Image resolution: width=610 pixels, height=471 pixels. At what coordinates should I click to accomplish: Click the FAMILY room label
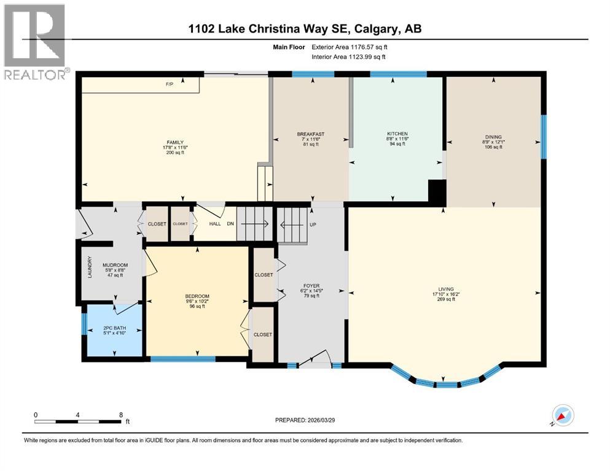coord(175,142)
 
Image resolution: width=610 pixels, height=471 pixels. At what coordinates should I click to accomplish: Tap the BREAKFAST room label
coord(310,134)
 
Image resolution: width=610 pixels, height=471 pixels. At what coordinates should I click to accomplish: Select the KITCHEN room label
coord(397,134)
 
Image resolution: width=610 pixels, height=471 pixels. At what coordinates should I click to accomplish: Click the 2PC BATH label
coord(114,329)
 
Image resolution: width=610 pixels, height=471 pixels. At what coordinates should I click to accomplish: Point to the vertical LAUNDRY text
coord(90,267)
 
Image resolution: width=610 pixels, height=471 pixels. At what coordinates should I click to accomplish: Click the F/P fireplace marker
coord(169,84)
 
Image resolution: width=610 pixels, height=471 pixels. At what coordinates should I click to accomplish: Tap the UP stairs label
coord(313,224)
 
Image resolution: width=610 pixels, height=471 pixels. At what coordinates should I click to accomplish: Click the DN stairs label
coord(230,224)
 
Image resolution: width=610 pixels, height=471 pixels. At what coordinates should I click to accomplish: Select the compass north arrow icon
coord(562,415)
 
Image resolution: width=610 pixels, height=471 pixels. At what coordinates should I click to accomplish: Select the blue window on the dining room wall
coord(543,136)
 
